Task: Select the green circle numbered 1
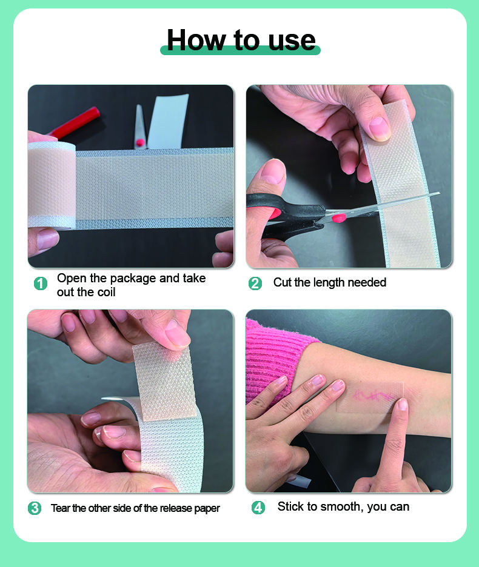(41, 283)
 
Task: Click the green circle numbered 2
(255, 283)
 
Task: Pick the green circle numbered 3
(35, 508)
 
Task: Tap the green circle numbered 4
(258, 508)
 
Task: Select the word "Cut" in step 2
(282, 282)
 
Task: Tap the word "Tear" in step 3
(61, 508)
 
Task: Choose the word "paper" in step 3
(207, 509)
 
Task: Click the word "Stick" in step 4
(290, 506)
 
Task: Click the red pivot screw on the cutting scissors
(339, 217)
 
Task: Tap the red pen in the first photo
(74, 123)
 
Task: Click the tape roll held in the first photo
(52, 185)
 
